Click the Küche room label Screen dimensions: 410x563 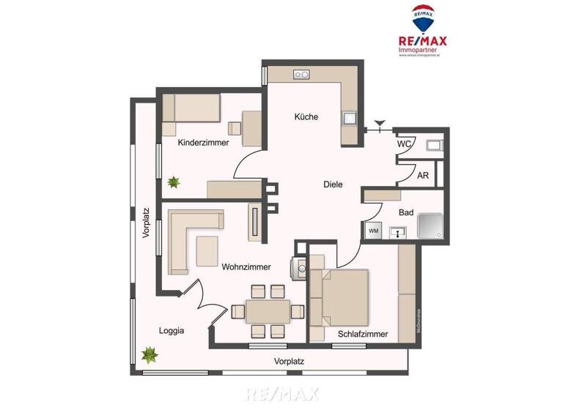[x=306, y=116]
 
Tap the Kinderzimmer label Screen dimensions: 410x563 [x=203, y=143]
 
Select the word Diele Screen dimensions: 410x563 [x=333, y=184]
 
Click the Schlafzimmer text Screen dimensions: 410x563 [x=363, y=335]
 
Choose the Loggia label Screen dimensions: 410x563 [x=171, y=330]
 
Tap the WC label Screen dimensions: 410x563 [x=404, y=144]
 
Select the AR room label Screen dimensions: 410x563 [x=423, y=176]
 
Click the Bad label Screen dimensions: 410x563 [x=405, y=212]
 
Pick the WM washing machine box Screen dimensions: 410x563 [x=373, y=231]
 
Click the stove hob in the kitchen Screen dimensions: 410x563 [x=301, y=74]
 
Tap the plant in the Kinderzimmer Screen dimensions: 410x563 [x=174, y=181]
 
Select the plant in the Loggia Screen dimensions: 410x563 [x=150, y=355]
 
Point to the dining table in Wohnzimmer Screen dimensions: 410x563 [x=268, y=311]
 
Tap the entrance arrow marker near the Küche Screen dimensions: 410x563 [x=379, y=124]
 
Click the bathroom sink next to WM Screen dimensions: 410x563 [x=398, y=233]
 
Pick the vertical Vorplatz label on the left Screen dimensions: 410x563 [x=146, y=223]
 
